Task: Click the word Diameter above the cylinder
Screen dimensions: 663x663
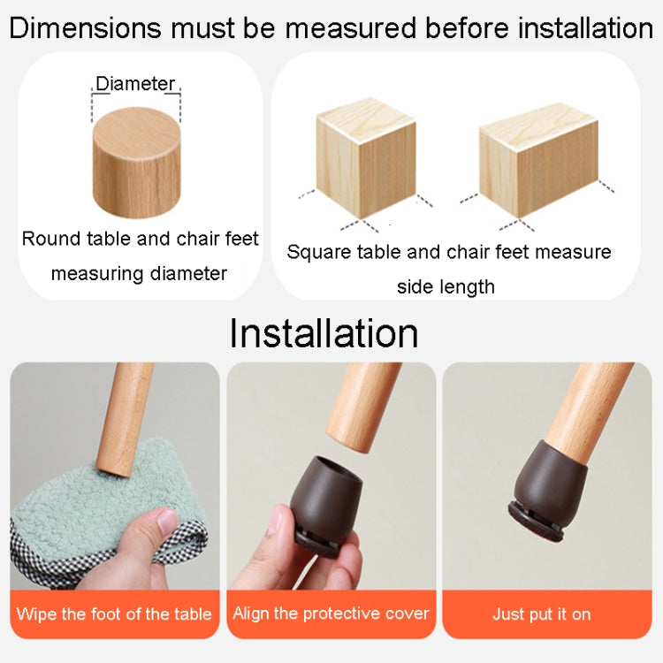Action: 135,84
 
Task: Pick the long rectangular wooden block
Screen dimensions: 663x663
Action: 537,159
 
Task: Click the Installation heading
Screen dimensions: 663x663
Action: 324,333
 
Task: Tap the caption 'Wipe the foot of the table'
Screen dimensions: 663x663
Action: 114,613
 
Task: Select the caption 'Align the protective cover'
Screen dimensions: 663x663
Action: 331,613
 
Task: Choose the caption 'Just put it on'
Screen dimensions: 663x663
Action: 540,613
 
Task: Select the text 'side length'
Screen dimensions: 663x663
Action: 446,286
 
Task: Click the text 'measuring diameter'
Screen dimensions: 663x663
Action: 139,273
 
